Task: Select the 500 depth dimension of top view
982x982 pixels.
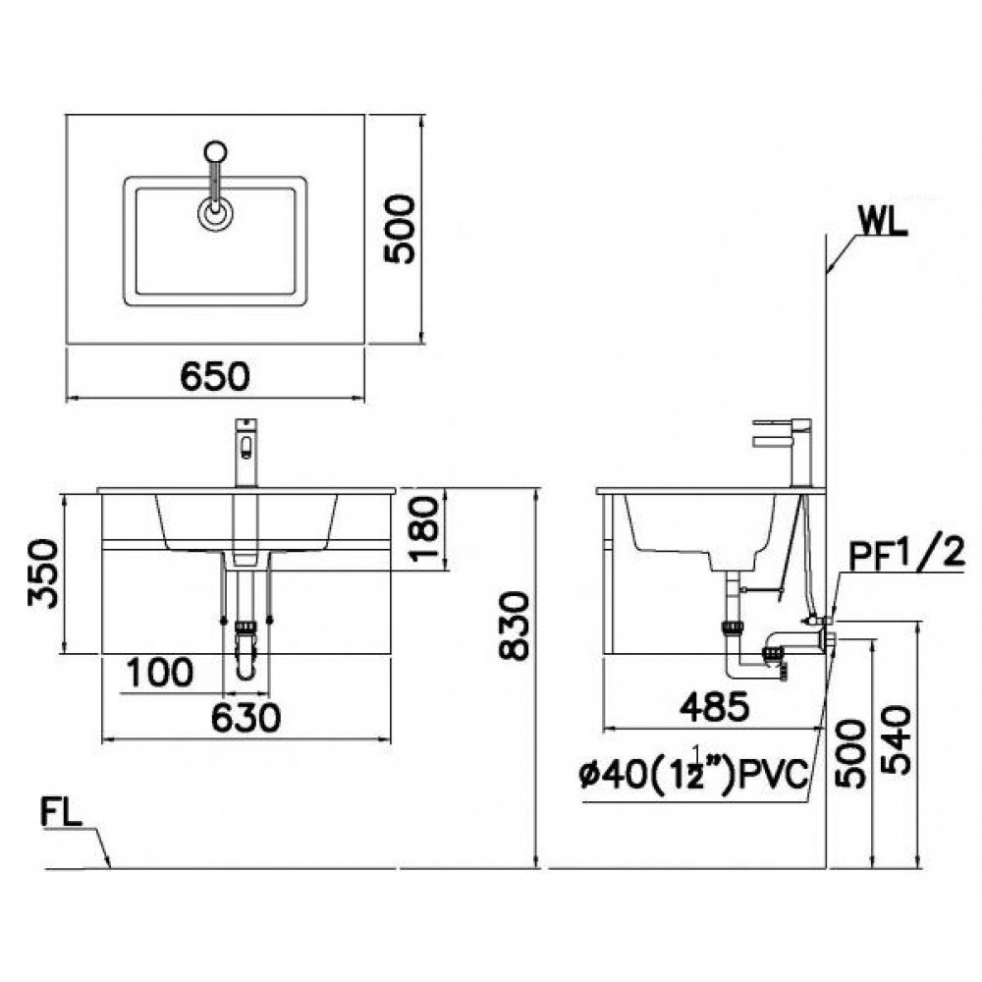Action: (400, 228)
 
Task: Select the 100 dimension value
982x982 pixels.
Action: (158, 673)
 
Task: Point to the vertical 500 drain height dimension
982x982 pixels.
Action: (850, 753)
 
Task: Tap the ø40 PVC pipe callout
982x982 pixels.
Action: (693, 776)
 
